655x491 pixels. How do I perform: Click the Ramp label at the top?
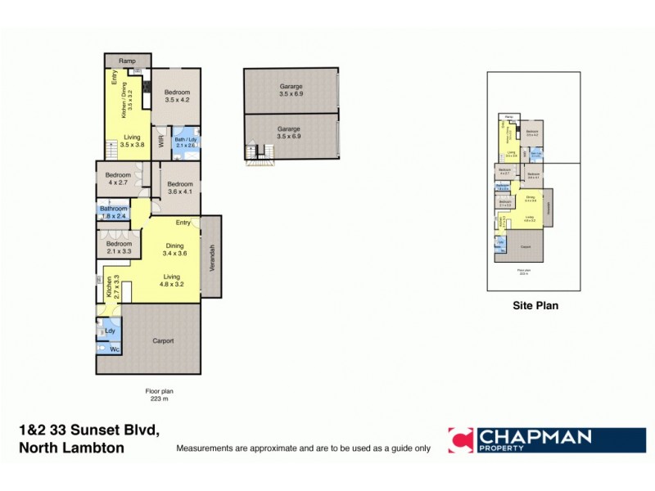127,61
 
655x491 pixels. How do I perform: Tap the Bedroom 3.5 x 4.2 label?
178,97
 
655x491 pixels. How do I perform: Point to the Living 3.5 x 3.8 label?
132,141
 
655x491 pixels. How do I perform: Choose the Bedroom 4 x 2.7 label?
118,178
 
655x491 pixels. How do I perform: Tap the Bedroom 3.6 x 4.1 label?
179,188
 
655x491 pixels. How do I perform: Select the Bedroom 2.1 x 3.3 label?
119,247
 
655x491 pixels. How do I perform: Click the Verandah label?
211,257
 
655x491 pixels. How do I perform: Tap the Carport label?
162,340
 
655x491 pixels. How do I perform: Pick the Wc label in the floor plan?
114,350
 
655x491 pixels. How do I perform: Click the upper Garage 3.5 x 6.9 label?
290,91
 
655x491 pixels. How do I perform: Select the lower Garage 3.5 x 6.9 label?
289,133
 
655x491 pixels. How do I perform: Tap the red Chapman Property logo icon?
460,439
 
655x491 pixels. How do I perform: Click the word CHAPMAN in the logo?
535,436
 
